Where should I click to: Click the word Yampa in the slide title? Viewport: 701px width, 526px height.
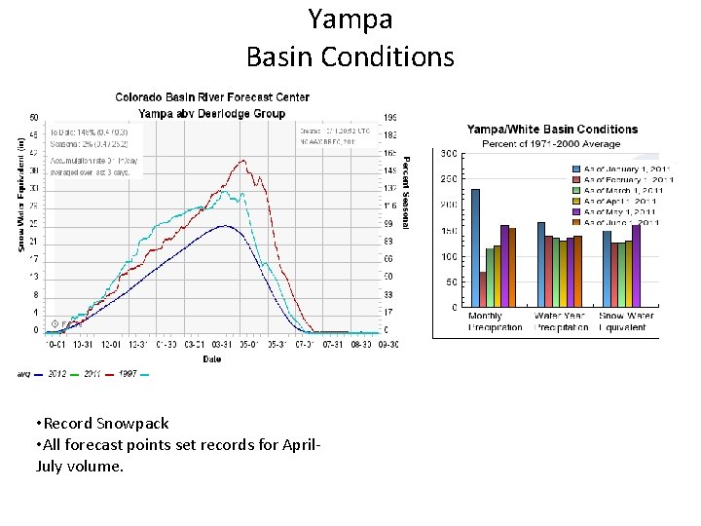tap(350, 19)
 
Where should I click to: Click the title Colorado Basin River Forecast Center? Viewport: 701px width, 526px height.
tap(212, 97)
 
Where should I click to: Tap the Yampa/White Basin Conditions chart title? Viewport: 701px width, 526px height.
tap(552, 130)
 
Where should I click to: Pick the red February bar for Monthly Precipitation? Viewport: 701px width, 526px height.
tap(483, 288)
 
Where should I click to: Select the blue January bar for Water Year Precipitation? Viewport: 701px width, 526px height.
tap(541, 264)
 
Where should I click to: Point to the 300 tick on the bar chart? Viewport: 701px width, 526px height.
tap(449, 154)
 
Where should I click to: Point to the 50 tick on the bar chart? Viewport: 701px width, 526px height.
tap(451, 282)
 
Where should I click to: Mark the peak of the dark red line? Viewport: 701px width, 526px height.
tap(242, 161)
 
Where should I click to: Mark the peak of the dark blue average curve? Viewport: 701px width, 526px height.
tap(224, 226)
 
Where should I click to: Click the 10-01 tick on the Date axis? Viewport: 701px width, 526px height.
tap(55, 344)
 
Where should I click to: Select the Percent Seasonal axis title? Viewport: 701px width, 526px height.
tap(406, 192)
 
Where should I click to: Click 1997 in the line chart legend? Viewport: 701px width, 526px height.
tap(128, 373)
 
